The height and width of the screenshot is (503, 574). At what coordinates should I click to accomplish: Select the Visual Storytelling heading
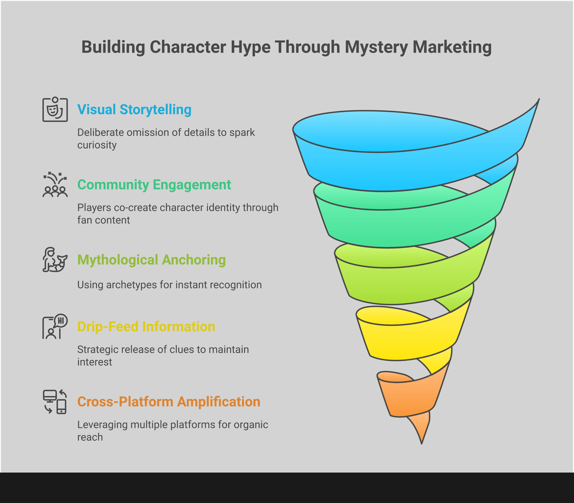[134, 109]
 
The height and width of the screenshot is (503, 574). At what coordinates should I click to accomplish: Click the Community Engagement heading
[154, 185]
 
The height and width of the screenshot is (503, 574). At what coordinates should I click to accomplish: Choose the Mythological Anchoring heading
[151, 260]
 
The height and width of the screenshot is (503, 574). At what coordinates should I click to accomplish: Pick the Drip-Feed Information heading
[146, 326]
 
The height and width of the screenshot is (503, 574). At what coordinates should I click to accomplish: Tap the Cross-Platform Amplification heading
[169, 402]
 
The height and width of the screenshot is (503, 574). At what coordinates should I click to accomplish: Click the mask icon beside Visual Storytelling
[55, 109]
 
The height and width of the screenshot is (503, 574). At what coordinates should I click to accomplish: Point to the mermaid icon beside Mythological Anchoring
[55, 260]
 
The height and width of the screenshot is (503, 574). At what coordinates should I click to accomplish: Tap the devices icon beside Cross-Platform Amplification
[55, 402]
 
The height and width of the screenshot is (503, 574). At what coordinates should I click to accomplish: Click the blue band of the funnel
[393, 171]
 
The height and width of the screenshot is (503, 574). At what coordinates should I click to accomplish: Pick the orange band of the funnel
[410, 399]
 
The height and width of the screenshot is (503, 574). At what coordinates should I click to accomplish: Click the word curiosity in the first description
[97, 145]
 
